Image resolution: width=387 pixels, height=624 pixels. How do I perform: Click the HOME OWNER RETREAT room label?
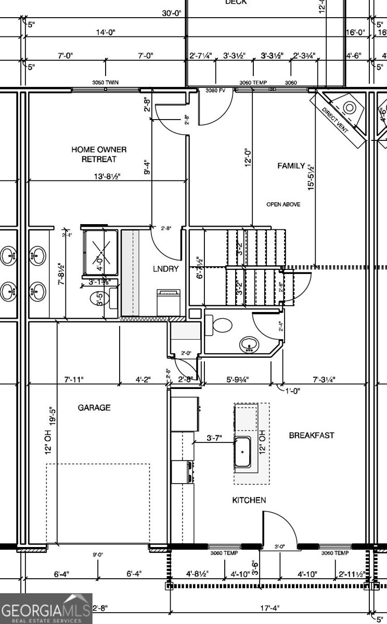(x=99, y=154)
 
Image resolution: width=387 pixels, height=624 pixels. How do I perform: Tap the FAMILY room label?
(x=291, y=166)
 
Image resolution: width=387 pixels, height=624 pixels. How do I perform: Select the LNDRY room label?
(x=166, y=269)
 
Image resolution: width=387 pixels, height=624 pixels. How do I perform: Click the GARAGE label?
(x=94, y=408)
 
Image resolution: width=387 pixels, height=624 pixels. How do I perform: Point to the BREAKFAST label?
(x=312, y=435)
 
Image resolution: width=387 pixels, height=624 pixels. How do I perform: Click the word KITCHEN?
(x=249, y=500)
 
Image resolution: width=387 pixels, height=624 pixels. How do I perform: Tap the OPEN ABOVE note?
(x=283, y=204)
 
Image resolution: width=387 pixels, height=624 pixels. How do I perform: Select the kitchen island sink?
(x=242, y=452)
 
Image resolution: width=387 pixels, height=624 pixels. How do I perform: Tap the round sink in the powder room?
(x=249, y=345)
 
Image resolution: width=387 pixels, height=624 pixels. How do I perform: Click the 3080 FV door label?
(x=215, y=90)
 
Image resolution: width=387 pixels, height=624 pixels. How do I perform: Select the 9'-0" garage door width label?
(x=98, y=555)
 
